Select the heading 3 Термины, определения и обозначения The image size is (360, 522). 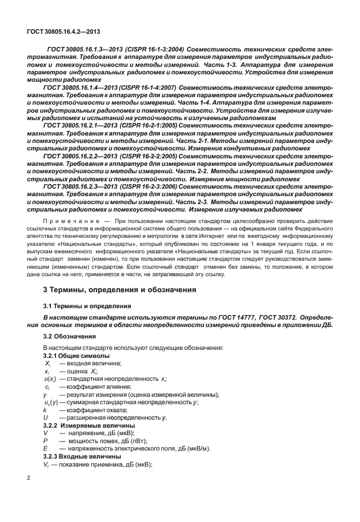[x=121, y=290]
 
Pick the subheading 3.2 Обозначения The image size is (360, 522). [x=70, y=337]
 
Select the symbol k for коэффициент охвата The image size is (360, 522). [x=45, y=411]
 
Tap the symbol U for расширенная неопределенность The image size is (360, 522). [x=45, y=418]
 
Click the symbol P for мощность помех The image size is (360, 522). [x=45, y=441]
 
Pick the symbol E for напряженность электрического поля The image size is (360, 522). [x=45, y=449]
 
